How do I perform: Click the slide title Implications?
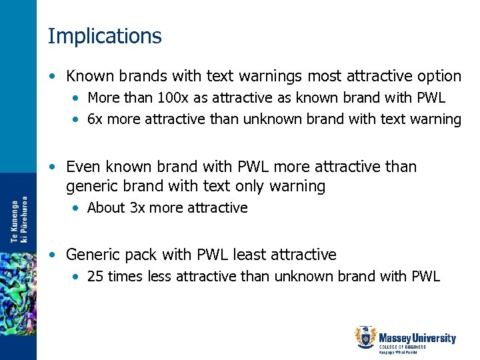pyautogui.click(x=105, y=36)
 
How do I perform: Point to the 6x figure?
pyautogui.click(x=95, y=120)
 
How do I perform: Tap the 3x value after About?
pyautogui.click(x=137, y=208)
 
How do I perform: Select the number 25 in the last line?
pyautogui.click(x=95, y=276)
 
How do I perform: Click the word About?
pyautogui.click(x=106, y=208)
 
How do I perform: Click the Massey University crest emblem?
pyautogui.click(x=365, y=338)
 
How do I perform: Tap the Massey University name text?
pyautogui.click(x=417, y=339)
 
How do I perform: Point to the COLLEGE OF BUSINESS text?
pyautogui.click(x=402, y=347)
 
